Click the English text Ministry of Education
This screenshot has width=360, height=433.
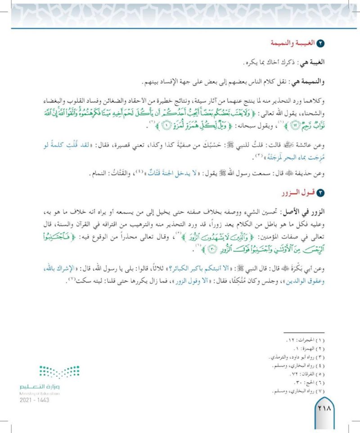tap(40, 393)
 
